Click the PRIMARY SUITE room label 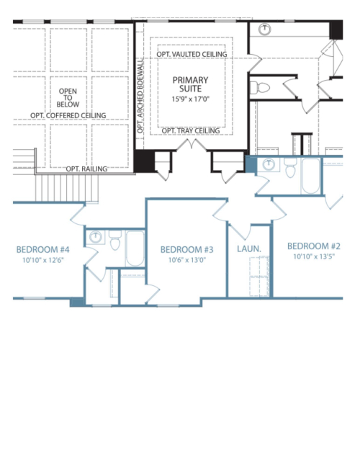190,84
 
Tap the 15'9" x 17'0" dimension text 190,99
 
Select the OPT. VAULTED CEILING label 192,55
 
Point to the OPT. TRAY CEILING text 191,131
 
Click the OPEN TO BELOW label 68,98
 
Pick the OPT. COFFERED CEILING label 68,115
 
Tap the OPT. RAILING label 86,169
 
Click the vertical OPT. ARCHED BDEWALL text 140,96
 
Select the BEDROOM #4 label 42,250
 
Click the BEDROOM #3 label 186,250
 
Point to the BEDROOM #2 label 314,246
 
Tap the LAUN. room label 249,248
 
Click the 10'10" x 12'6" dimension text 43,260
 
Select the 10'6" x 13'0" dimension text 187,260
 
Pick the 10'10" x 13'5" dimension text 314,256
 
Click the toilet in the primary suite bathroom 260,88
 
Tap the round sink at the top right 264,29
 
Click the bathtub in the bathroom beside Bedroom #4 135,248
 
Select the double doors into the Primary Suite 192,145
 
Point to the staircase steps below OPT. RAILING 67,188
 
